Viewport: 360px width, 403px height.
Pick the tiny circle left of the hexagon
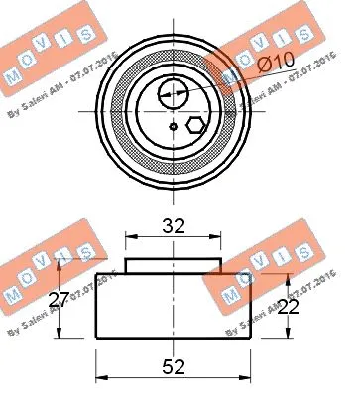point(174,127)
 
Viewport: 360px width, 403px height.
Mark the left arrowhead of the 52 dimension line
point(99,379)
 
